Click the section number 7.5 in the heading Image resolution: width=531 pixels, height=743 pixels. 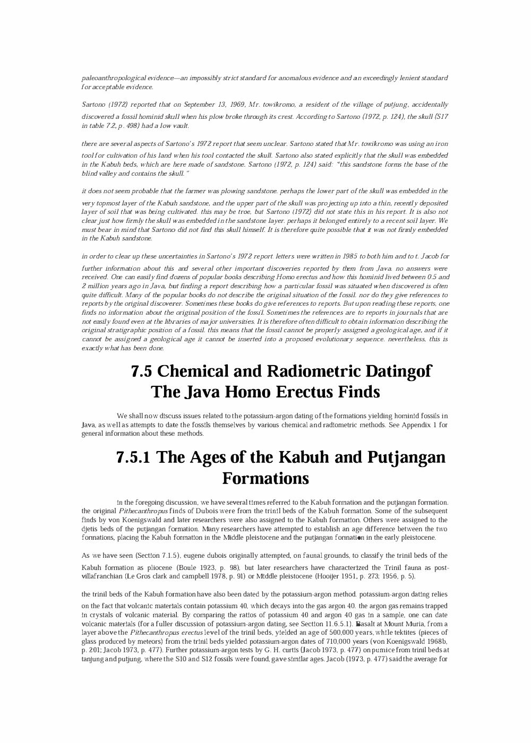(x=142, y=371)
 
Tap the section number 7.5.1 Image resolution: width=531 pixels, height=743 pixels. (x=133, y=457)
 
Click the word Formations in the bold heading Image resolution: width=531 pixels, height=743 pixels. (x=265, y=478)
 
